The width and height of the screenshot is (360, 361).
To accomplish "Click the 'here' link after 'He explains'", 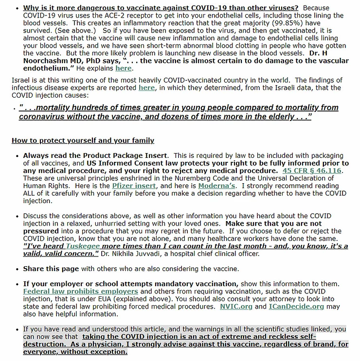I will [x=123, y=69].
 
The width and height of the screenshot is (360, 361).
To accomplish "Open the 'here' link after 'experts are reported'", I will [x=146, y=88].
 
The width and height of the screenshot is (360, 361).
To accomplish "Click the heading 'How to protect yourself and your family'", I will [x=83, y=140].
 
